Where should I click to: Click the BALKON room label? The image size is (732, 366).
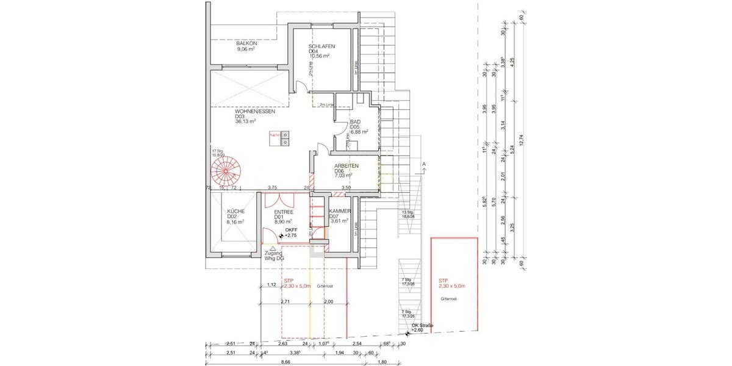[246, 44]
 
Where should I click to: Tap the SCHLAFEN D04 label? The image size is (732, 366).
[321, 47]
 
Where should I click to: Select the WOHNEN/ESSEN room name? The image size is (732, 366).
[255, 112]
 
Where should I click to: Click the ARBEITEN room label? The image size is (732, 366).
[346, 166]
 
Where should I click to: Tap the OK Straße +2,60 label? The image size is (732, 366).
[422, 328]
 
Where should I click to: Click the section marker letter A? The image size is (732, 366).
[423, 165]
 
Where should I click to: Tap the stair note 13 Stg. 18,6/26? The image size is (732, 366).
[408, 213]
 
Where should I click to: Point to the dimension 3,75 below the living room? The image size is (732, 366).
[273, 187]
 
